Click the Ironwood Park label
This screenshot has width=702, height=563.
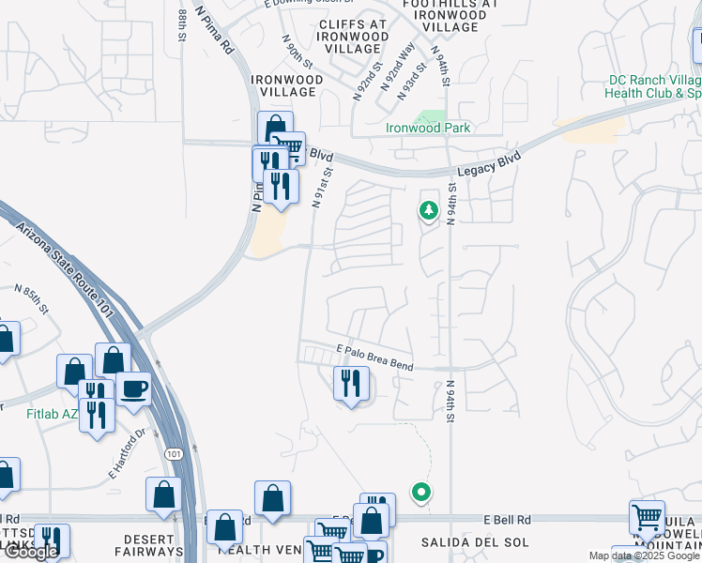click(428, 129)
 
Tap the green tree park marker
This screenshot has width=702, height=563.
click(428, 209)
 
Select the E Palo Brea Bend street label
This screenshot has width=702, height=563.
click(374, 357)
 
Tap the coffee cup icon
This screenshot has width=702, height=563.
click(132, 388)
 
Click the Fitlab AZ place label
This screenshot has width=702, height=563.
click(38, 413)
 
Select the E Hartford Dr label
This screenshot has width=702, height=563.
click(129, 454)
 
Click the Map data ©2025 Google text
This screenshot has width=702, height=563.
click(644, 556)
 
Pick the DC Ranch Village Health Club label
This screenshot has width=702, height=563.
click(654, 87)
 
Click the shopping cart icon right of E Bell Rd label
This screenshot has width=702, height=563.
click(648, 516)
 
